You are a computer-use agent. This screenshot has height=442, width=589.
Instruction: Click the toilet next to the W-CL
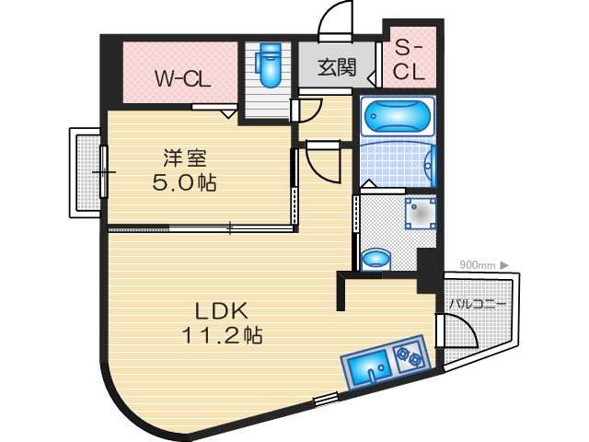click(271, 64)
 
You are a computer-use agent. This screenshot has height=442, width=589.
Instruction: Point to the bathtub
click(397, 117)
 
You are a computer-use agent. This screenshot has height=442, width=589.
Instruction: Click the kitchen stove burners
click(405, 353)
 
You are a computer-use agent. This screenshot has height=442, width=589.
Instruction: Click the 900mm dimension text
click(478, 265)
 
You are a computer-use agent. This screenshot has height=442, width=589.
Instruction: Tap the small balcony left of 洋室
click(87, 172)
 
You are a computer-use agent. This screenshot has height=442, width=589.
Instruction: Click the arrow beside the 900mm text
click(504, 265)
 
